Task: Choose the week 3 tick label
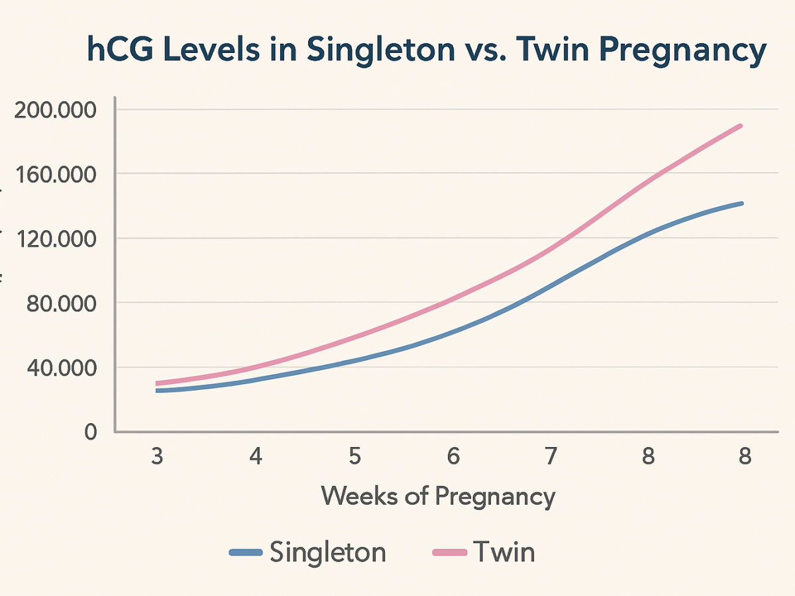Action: coord(157,457)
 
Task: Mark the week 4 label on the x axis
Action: coord(256,457)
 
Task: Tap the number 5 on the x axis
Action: coord(354,457)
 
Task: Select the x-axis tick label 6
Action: coord(453,457)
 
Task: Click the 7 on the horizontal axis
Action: coord(551,457)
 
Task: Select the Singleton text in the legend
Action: coord(327,551)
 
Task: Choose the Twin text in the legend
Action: coord(503,551)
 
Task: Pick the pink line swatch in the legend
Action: coord(450,552)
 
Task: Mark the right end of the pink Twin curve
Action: coord(741,125)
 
